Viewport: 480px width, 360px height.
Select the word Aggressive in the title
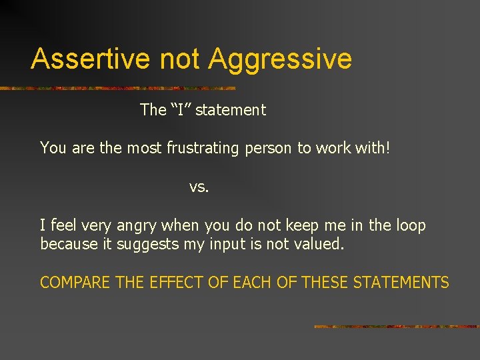tap(280, 60)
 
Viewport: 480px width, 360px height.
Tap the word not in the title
tap(181, 59)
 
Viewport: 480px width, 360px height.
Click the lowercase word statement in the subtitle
tap(231, 110)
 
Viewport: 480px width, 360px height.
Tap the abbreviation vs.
tap(199, 187)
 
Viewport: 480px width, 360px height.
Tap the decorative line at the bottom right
tap(396, 327)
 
